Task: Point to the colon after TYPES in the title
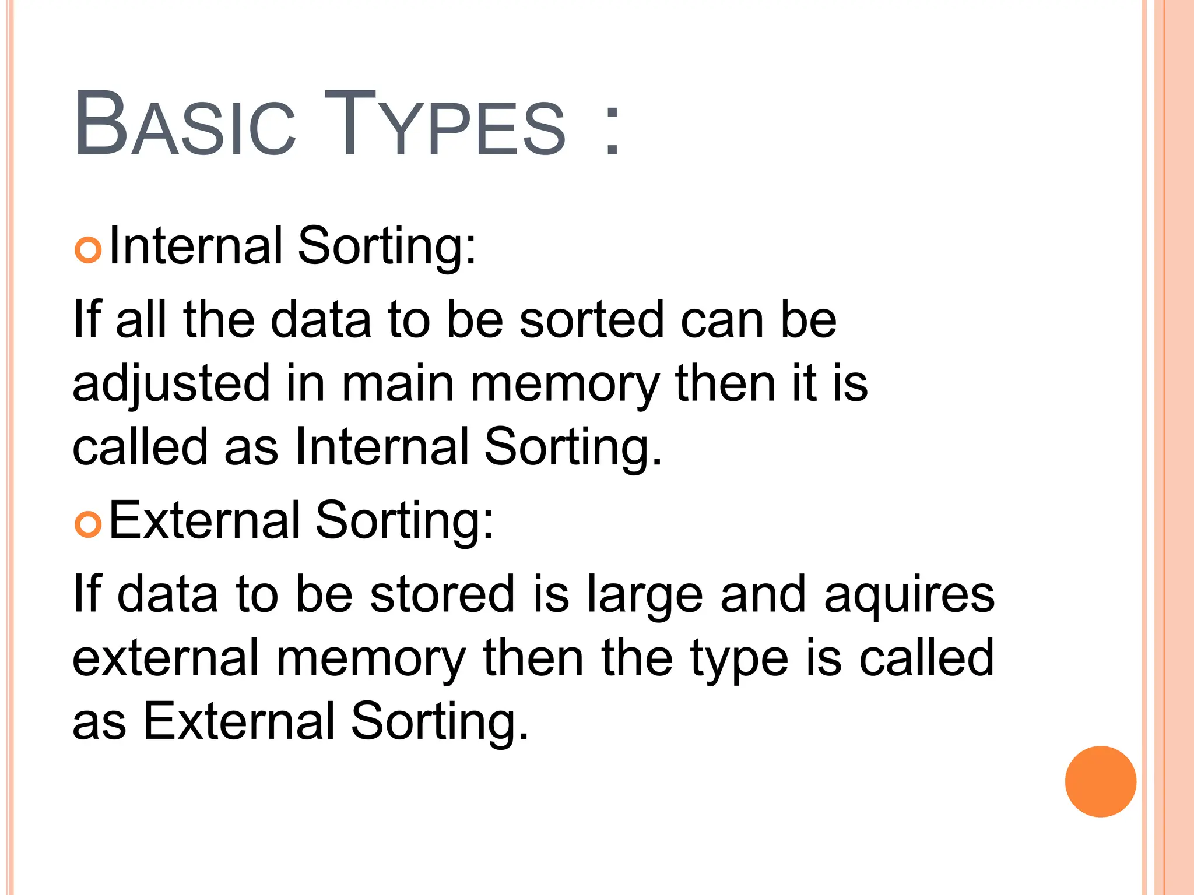pyautogui.click(x=612, y=131)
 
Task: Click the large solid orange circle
pyautogui.click(x=1100, y=781)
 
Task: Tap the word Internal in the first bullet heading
pyautogui.click(x=196, y=245)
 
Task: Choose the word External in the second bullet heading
pyautogui.click(x=205, y=520)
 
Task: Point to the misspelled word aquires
pyautogui.click(x=909, y=596)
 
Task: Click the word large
pyautogui.click(x=645, y=596)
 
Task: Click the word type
pyautogui.click(x=739, y=659)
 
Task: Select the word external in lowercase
pyautogui.click(x=166, y=658)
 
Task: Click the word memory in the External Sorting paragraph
pyautogui.click(x=371, y=659)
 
